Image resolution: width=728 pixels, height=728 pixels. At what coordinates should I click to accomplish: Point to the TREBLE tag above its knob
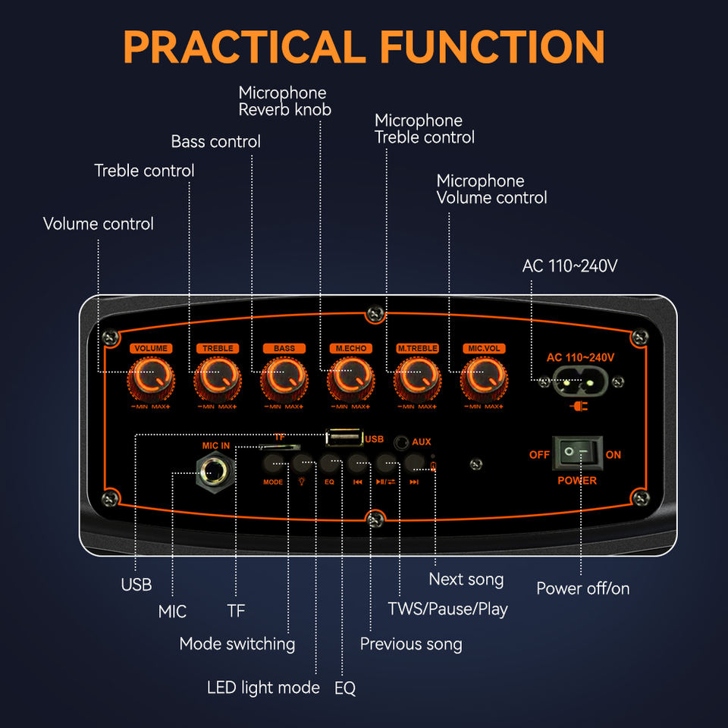pos(218,348)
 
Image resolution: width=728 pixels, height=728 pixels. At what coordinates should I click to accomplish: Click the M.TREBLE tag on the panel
pos(417,348)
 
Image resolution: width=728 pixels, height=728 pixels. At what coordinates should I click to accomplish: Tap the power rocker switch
pos(576,453)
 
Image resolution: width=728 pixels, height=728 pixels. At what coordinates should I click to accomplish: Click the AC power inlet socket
pos(578,383)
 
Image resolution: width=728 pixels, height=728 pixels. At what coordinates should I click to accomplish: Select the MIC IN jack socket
pos(215,472)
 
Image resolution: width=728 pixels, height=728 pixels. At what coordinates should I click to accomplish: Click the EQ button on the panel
pos(329,462)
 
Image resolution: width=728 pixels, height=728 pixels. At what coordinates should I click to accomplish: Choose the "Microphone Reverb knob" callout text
pos(284,101)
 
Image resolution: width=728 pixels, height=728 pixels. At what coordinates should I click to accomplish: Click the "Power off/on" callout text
pos(582,588)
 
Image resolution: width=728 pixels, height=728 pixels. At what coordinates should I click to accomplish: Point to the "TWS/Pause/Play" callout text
pos(447,608)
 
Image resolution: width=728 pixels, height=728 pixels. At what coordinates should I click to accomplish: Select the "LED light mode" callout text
pos(263,688)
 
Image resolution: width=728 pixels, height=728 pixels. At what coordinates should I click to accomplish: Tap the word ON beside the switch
pos(613,455)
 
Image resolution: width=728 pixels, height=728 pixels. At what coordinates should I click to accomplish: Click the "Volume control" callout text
pos(98,224)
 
